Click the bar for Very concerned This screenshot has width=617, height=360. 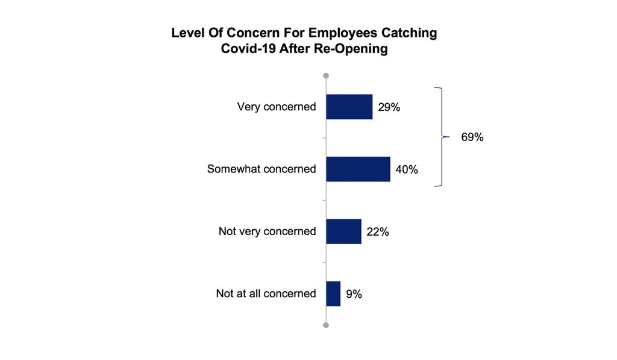click(x=349, y=107)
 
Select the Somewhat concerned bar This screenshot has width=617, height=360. click(x=358, y=169)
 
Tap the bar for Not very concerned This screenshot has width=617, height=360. click(x=343, y=232)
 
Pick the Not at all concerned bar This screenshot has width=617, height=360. click(x=333, y=294)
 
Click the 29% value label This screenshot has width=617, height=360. click(x=389, y=107)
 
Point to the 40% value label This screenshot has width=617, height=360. click(x=407, y=169)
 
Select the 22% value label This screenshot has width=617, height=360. click(x=378, y=232)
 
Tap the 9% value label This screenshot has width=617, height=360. click(x=354, y=294)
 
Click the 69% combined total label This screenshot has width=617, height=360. click(x=472, y=137)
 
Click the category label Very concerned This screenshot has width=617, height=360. click(x=277, y=107)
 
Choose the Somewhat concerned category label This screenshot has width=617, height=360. click(x=262, y=169)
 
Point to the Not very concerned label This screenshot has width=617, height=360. click(x=267, y=232)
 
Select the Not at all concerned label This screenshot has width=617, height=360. click(x=266, y=294)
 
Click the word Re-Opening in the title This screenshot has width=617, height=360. click(x=351, y=49)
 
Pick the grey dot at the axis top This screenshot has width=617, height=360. click(x=326, y=76)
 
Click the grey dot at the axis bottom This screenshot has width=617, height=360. click(x=326, y=325)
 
